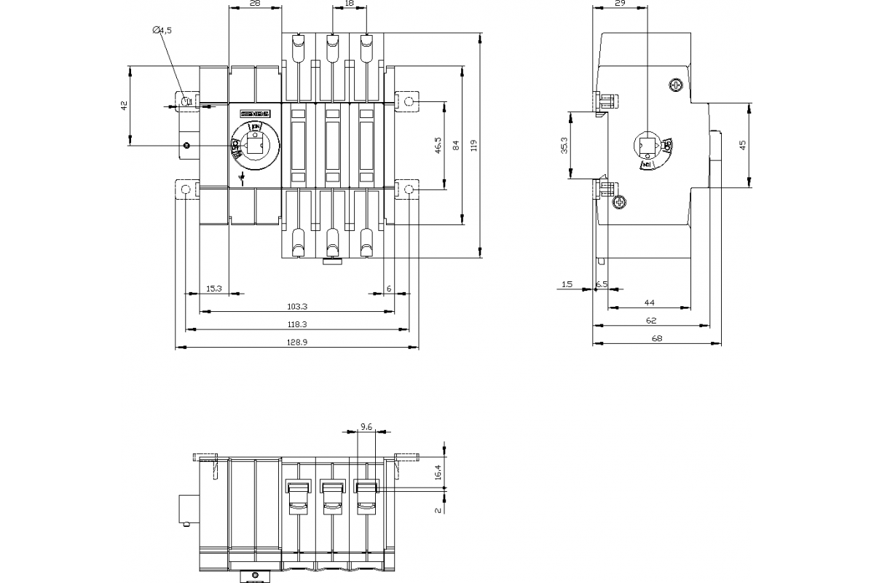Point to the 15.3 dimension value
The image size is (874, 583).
coord(213,289)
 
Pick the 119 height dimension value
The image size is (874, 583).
coord(474,145)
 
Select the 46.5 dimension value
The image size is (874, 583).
coord(437,145)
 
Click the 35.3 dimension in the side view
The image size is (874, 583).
coord(564,145)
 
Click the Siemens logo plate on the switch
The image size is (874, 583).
coord(255,114)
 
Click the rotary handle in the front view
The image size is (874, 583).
coord(251,145)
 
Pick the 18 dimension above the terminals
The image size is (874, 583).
coord(349,4)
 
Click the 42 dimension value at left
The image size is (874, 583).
coord(124,106)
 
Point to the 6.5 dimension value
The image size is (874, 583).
coord(602,283)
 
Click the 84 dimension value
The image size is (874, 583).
coord(456,145)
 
